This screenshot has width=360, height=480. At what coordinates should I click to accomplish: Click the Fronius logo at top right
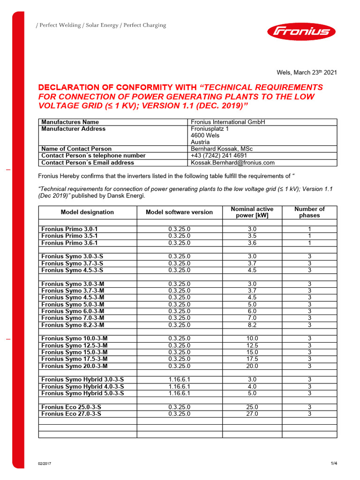(301, 32)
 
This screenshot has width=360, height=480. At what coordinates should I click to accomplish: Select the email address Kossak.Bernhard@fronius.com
(232, 163)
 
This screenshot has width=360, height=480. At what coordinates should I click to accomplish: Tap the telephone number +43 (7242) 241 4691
(219, 156)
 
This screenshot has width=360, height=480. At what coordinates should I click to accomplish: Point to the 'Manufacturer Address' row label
(74, 129)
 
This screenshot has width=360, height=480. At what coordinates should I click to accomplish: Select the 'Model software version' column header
(179, 212)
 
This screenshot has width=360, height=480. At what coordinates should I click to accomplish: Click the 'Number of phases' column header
(309, 212)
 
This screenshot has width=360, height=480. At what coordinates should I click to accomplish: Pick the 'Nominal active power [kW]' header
(252, 212)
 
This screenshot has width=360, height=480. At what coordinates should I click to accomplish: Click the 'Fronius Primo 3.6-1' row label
(70, 243)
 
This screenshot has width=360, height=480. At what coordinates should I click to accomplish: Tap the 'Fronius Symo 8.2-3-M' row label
(73, 325)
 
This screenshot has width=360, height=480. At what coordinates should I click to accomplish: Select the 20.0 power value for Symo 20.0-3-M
(252, 366)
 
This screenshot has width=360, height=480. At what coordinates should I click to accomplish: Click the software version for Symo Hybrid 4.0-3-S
(179, 387)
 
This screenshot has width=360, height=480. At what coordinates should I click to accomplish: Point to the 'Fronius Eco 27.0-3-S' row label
(71, 414)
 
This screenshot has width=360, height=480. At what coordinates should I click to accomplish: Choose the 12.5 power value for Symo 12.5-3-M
(252, 345)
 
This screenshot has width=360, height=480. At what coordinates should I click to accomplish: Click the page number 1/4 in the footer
(334, 464)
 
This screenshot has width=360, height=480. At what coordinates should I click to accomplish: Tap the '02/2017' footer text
(45, 464)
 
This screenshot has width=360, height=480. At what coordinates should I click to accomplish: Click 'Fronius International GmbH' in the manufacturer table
(228, 122)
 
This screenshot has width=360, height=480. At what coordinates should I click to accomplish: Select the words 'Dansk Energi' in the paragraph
(129, 195)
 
